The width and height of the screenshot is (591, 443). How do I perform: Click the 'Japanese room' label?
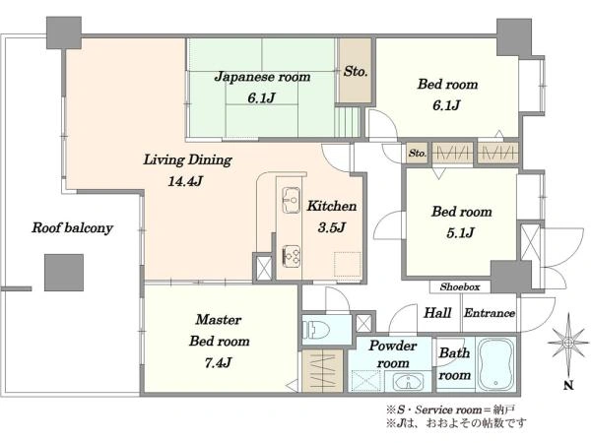click(x=263, y=76)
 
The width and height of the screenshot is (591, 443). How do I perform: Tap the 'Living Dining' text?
click(x=187, y=158)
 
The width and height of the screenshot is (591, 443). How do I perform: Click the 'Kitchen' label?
click(x=331, y=207)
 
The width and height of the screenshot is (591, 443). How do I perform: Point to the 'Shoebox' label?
click(x=460, y=287)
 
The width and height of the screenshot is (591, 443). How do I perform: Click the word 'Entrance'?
click(x=490, y=313)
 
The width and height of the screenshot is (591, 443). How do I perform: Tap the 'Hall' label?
click(x=437, y=313)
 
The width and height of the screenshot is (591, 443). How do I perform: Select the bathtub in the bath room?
click(x=502, y=365)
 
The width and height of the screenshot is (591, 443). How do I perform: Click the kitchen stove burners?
click(x=293, y=255)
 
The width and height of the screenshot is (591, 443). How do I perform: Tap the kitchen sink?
click(x=292, y=199)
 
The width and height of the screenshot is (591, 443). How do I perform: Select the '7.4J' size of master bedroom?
click(x=220, y=361)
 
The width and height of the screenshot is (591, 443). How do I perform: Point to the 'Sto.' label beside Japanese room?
click(x=356, y=72)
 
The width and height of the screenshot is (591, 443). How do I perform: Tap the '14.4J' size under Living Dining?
click(x=186, y=180)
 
